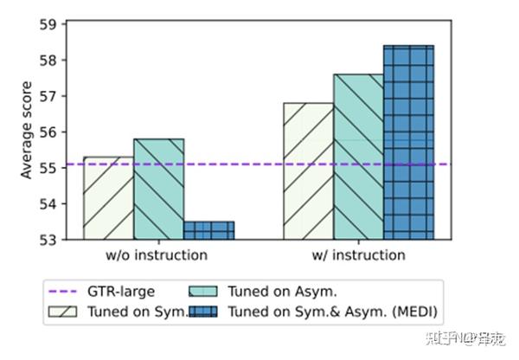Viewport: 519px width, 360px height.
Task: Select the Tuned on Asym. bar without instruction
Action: click(158, 188)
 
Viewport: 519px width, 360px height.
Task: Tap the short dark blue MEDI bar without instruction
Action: click(208, 229)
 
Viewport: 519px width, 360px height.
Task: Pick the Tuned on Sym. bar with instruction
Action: click(309, 170)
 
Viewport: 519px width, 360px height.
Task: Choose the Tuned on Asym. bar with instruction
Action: click(359, 156)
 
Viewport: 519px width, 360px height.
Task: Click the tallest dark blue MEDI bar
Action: click(408, 142)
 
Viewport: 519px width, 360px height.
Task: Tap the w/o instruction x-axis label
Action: click(158, 255)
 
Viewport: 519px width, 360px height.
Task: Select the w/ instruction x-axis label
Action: click(359, 255)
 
